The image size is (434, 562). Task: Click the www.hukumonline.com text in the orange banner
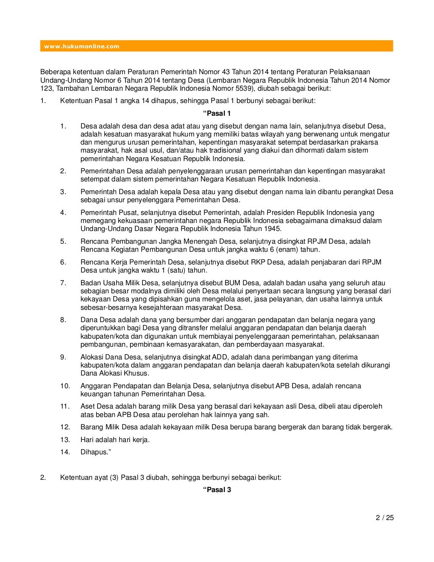coord(82,46)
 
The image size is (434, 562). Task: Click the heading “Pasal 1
coord(217,113)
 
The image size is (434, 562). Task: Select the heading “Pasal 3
coord(217,490)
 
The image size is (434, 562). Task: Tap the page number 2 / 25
coord(385,517)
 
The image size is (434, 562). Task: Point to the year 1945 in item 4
coord(271,229)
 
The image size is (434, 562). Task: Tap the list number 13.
coord(65,440)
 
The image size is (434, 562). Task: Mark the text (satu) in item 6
coord(177,270)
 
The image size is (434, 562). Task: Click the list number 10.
coord(65,386)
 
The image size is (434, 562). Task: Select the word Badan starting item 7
coord(90,283)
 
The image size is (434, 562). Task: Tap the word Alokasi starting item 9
coord(92,357)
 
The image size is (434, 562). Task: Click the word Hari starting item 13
coord(87,440)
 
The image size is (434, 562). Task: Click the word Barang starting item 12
coord(92,427)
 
